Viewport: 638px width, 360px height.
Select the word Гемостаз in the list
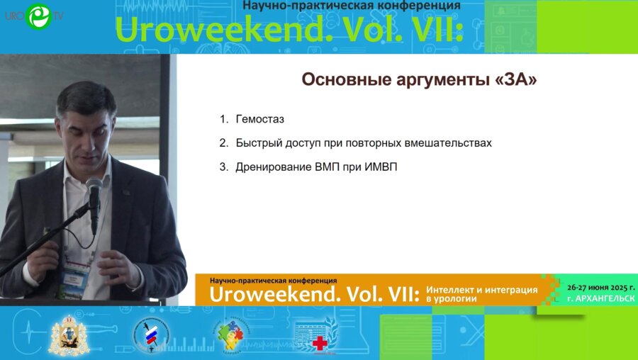click(x=260, y=119)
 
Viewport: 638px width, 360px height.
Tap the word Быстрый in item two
click(x=259, y=143)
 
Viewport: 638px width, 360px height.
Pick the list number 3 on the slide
click(x=223, y=167)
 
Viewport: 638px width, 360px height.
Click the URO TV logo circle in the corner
click(x=38, y=16)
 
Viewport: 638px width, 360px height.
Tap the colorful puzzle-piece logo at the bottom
click(x=230, y=334)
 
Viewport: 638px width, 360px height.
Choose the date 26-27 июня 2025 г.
click(x=601, y=288)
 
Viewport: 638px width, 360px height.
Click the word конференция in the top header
click(x=422, y=5)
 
